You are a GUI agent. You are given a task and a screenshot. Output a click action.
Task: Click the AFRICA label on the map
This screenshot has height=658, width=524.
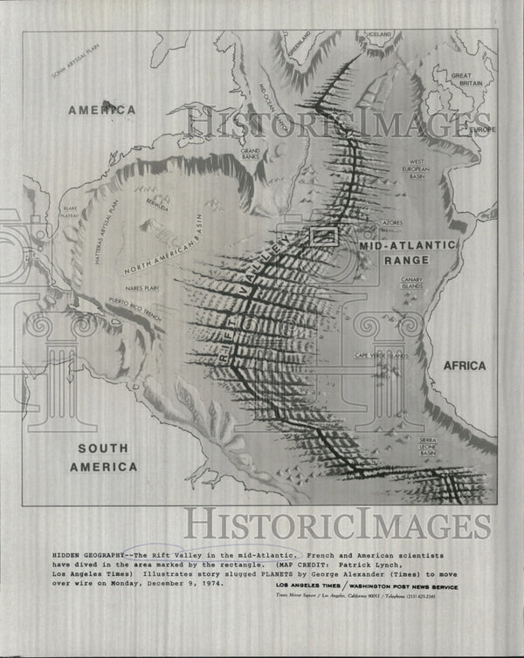coord(463,366)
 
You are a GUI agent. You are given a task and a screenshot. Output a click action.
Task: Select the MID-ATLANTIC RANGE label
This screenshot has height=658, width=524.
coord(407,254)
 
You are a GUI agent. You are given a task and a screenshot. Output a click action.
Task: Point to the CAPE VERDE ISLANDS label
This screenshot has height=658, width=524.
coord(382,355)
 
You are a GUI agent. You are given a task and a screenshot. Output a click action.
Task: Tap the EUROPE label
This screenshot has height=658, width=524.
coord(482,130)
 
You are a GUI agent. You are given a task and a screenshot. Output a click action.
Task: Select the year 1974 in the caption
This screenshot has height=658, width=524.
coord(210,585)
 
